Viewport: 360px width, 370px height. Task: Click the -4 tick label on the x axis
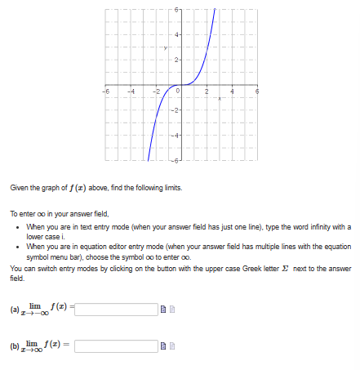click(130, 91)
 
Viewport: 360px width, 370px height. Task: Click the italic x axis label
click(218, 98)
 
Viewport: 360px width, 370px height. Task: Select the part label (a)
click(14, 310)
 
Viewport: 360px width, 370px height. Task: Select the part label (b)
click(14, 347)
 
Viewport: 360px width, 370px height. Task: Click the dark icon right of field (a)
click(165, 310)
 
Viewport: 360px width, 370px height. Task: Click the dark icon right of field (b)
click(165, 348)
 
